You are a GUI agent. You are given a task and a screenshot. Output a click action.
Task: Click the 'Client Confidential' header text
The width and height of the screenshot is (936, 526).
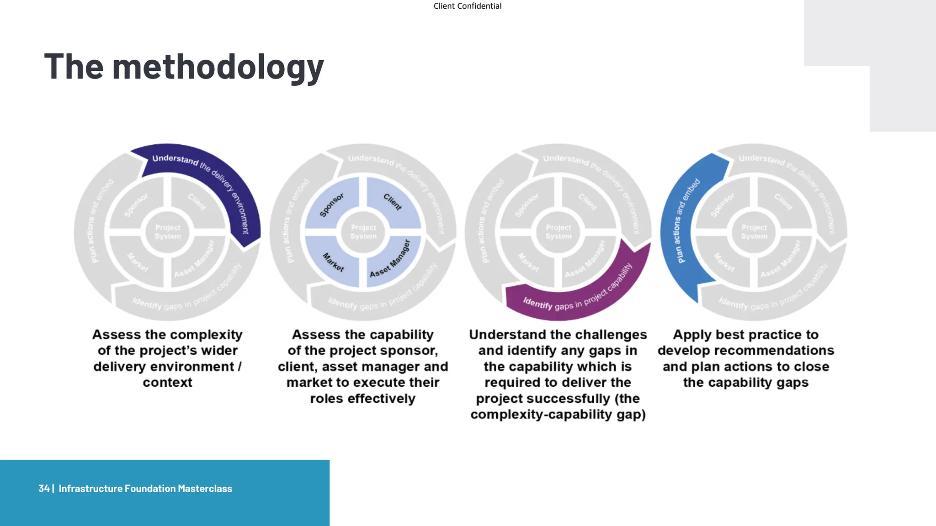click(467, 6)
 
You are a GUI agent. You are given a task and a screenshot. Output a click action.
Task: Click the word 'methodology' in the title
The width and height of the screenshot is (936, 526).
click(218, 68)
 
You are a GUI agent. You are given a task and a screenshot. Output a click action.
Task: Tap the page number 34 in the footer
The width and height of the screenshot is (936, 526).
click(44, 489)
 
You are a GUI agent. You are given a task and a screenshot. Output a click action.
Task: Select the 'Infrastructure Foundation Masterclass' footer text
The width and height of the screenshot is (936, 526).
click(145, 489)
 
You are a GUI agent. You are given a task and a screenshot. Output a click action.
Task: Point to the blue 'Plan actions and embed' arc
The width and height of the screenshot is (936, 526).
click(682, 224)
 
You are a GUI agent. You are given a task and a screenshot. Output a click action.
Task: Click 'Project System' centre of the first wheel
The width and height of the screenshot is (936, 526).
click(168, 232)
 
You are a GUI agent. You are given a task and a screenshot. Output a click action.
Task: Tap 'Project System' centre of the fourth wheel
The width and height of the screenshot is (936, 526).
click(754, 232)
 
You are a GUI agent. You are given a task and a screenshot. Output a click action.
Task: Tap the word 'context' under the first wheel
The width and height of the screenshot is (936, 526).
click(167, 383)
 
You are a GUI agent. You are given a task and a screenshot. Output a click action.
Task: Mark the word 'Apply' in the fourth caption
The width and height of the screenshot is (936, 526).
click(692, 335)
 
